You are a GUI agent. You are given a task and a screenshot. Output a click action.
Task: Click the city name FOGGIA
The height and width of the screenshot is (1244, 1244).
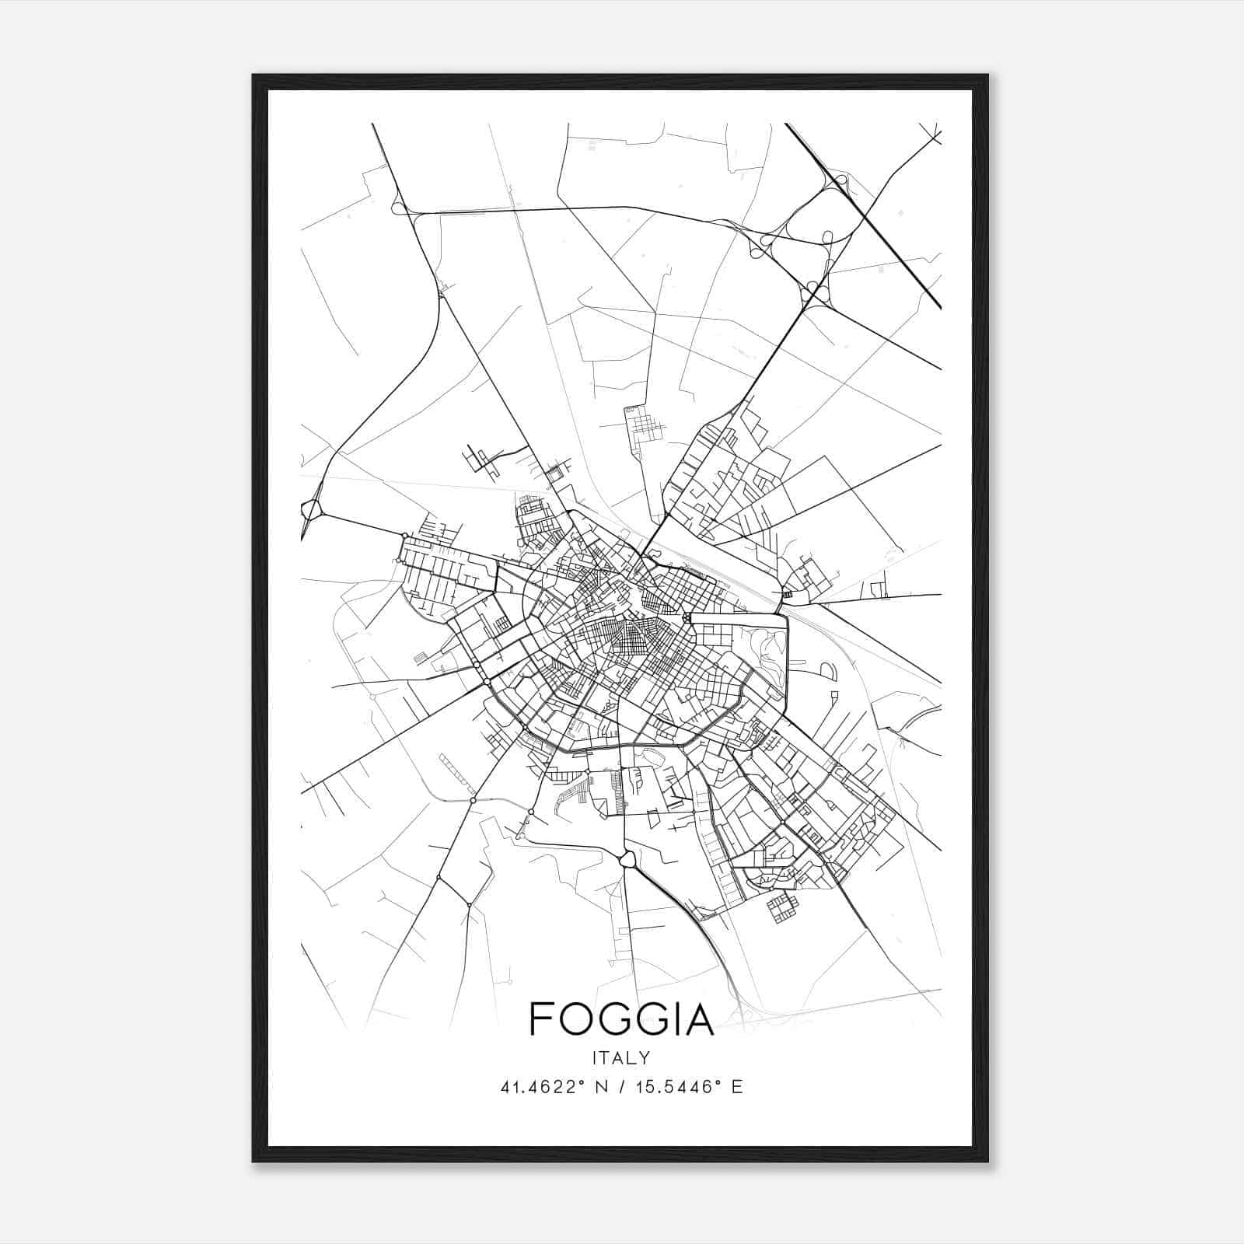621,1019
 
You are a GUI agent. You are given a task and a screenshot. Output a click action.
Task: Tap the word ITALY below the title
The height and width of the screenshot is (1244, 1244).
621,1058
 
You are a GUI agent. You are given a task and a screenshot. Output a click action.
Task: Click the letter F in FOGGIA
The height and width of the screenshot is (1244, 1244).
540,1019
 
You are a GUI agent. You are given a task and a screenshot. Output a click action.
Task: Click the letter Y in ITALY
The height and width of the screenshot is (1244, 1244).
645,1058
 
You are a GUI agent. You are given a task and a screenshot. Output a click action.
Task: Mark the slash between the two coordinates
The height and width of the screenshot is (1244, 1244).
622,1087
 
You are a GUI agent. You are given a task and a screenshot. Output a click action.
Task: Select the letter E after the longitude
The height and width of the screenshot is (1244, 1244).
737,1087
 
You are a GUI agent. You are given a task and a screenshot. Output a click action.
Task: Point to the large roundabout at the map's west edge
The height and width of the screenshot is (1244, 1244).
312,511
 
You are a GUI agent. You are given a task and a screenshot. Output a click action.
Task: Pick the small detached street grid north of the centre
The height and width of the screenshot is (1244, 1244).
642,425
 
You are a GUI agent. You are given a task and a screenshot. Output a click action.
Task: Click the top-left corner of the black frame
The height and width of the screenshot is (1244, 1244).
254,76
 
